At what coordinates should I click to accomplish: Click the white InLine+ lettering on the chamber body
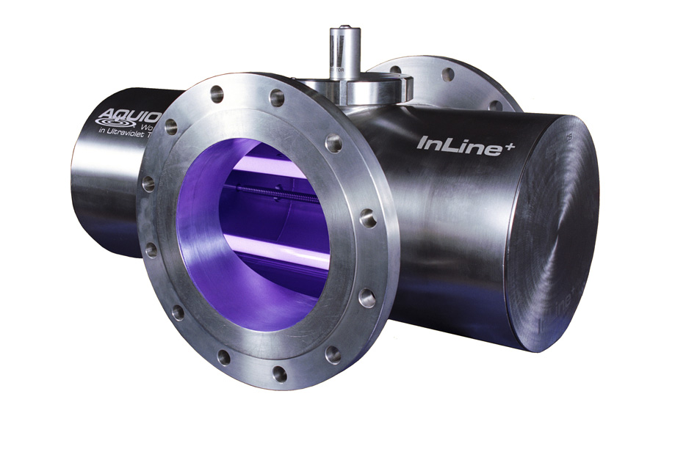pyautogui.click(x=455, y=142)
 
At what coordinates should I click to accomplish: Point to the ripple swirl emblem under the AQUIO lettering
pyautogui.click(x=117, y=128)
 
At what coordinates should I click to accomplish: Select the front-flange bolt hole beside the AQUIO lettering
pyautogui.click(x=171, y=127)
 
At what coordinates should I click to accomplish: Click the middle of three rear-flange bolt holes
pyautogui.click(x=447, y=74)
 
